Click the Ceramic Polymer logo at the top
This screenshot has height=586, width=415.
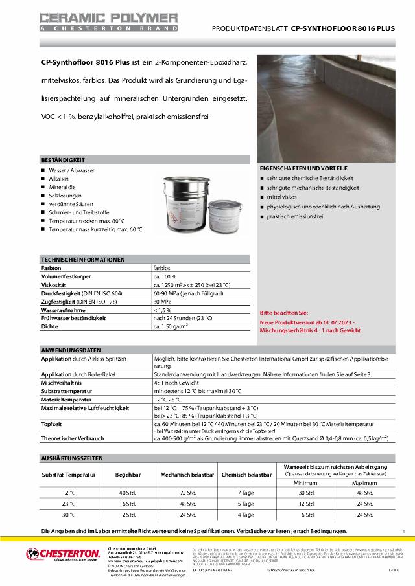tap(108, 21)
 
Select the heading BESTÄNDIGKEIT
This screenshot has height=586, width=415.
tap(64, 159)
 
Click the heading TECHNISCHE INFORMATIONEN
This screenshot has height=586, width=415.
tap(83, 259)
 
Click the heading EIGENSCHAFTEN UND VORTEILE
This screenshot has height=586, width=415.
tap(303, 168)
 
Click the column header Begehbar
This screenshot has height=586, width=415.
tap(128, 475)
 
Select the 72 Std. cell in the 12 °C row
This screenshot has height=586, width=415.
tap(188, 493)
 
